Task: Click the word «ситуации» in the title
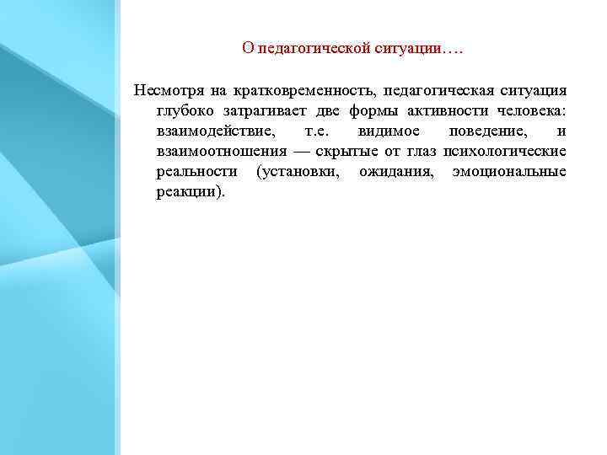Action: coord(409,48)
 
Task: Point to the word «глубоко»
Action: coord(182,110)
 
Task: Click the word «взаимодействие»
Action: coord(215,131)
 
